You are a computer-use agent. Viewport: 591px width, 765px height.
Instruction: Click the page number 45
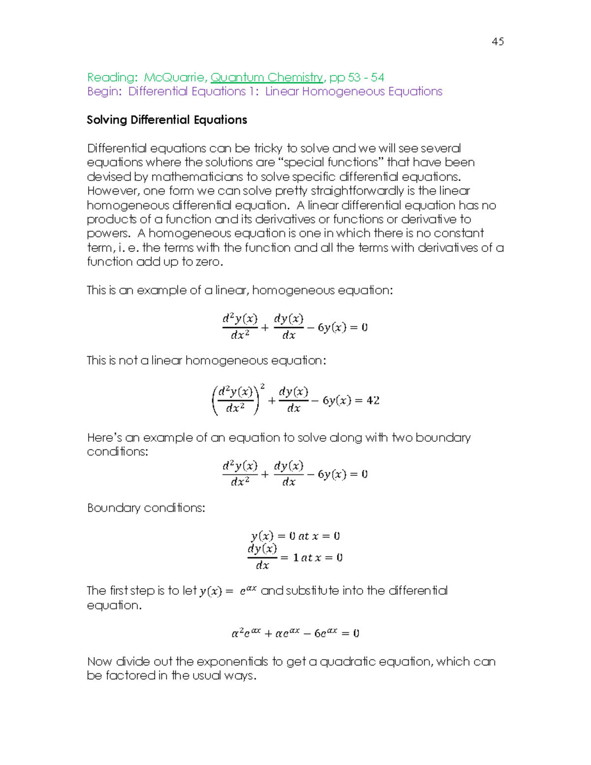point(497,41)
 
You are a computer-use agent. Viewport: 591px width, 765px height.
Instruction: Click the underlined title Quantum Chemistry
point(266,77)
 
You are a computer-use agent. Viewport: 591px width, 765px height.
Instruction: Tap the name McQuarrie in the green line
point(174,77)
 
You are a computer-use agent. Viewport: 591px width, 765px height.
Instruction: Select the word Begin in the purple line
point(102,92)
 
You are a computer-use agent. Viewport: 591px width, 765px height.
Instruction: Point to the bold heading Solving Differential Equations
point(166,120)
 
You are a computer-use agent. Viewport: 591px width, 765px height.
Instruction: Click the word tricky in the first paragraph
point(268,148)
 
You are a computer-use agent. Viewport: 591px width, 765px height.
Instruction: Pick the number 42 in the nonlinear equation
point(373,400)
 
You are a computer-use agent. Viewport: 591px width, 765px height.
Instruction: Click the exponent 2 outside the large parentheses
point(263,386)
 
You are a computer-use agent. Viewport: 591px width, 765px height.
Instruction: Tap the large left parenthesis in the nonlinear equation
point(215,400)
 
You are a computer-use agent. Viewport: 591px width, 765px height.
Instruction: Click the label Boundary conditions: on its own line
point(146,508)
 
